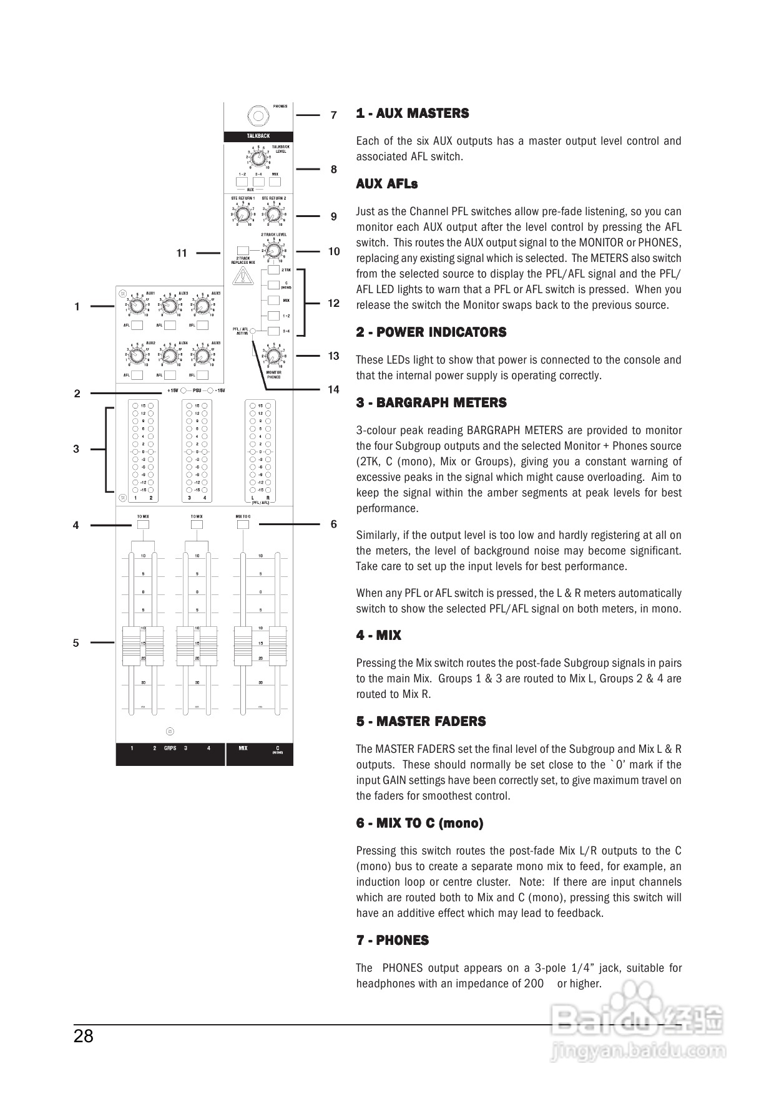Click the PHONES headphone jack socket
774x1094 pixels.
click(257, 116)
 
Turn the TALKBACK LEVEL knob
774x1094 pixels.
click(257, 158)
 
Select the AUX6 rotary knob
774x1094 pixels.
click(202, 356)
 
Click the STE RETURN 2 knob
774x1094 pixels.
click(273, 214)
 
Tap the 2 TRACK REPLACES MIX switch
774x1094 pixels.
click(243, 250)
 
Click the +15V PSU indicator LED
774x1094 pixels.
click(184, 391)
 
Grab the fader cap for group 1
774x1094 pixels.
click(131, 646)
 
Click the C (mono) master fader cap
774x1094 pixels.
click(277, 646)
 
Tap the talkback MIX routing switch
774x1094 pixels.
click(275, 182)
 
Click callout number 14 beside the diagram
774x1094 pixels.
click(333, 390)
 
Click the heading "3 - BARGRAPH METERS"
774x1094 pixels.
click(431, 403)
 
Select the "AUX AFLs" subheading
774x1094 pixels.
click(387, 184)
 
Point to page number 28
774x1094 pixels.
click(84, 1037)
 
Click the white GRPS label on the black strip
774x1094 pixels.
click(170, 748)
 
